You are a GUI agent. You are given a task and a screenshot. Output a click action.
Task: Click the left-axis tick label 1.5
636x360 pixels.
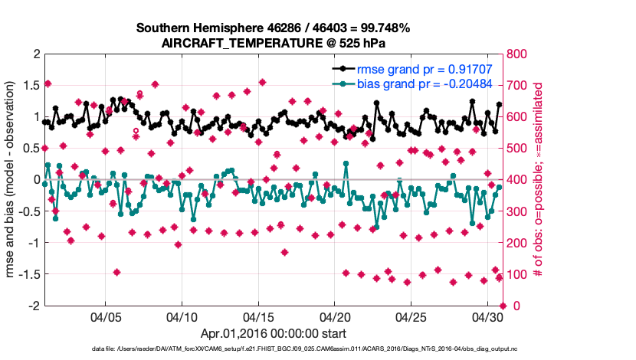pos(30,85)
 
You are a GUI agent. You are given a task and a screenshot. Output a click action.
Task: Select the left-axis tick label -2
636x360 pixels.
pos(32,305)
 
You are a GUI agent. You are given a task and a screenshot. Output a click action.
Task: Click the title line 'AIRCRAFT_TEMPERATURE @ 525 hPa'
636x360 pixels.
pos(274,44)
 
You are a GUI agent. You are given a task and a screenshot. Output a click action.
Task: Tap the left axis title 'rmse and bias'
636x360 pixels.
pos(12,179)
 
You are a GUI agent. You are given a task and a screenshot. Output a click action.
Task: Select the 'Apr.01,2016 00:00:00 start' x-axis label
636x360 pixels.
pos(274,333)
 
